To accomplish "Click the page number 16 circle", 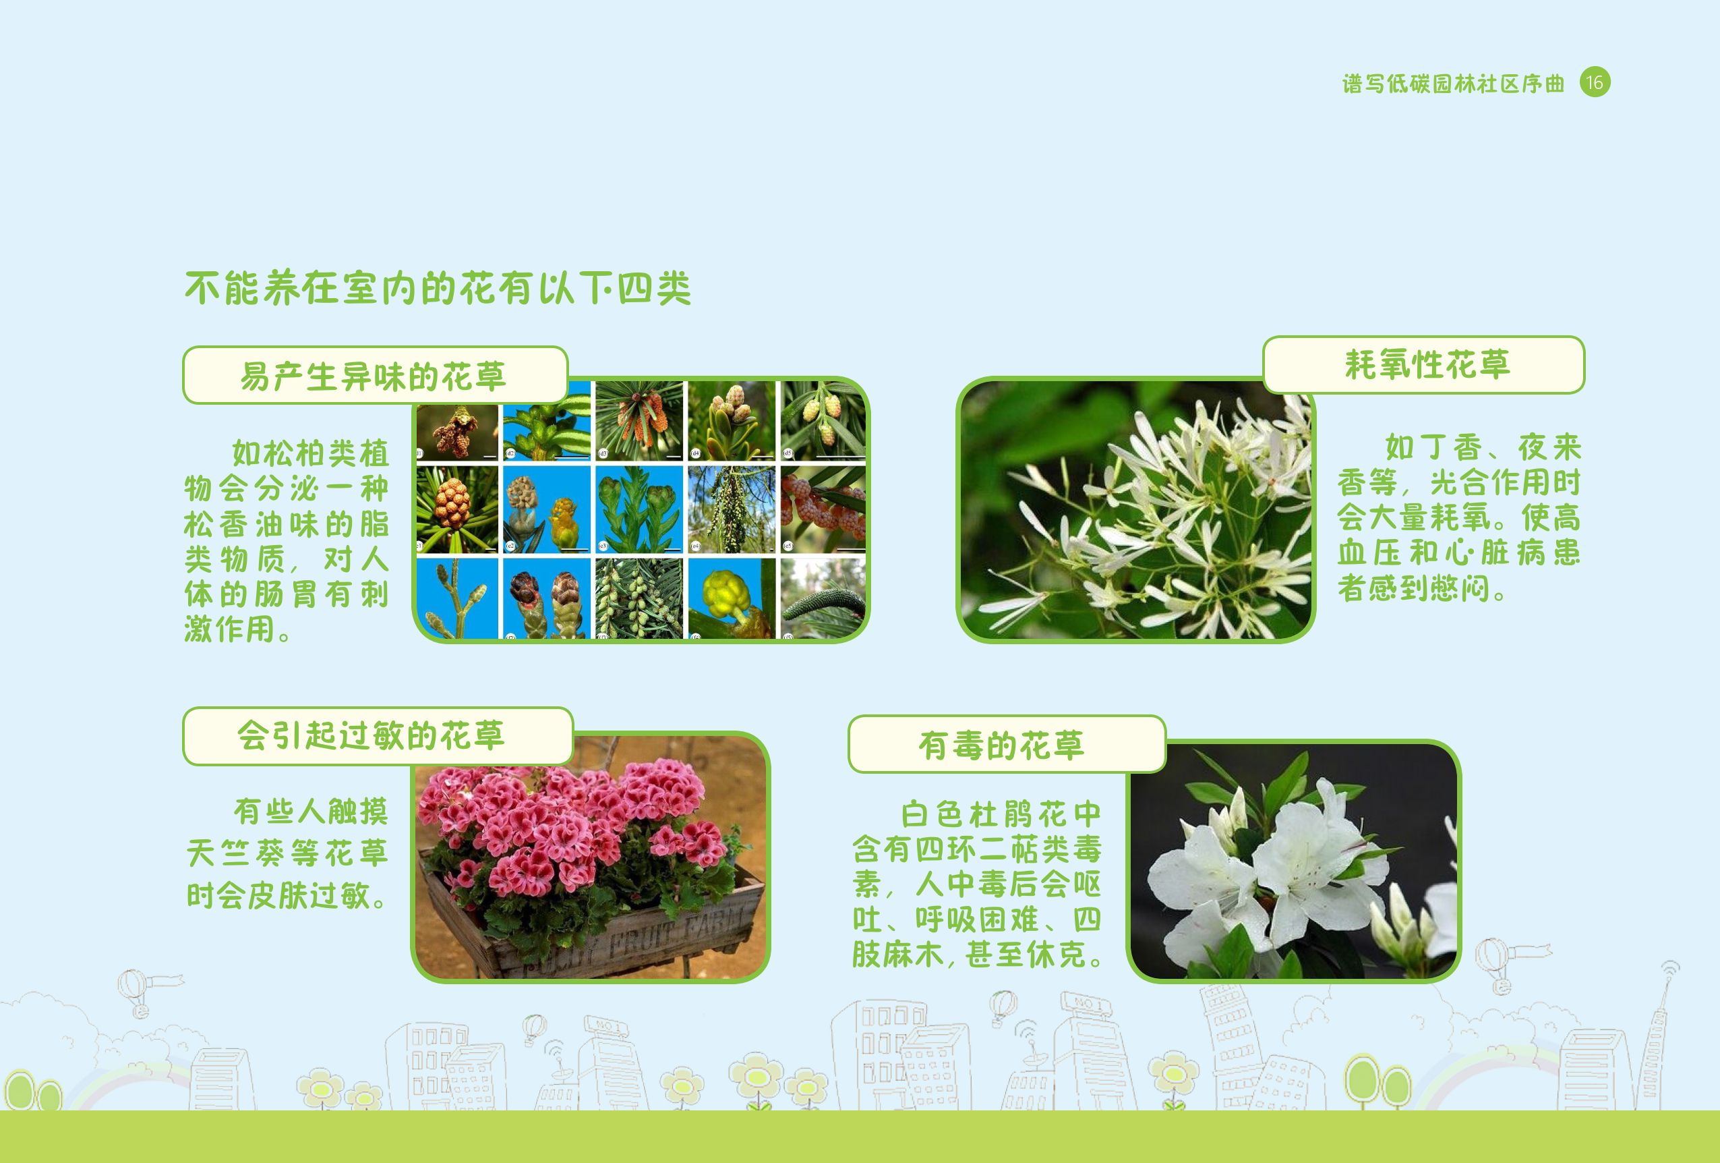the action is tap(1595, 82).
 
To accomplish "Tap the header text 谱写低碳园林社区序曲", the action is tap(1454, 84).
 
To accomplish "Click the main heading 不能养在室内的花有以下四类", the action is tap(438, 288).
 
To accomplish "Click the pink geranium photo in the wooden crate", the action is tap(591, 857).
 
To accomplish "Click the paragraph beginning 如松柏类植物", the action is tap(287, 541).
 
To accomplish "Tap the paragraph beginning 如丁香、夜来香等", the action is tap(1459, 517).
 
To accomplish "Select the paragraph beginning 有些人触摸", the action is tap(287, 853).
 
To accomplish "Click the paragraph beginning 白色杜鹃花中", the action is tap(977, 884).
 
